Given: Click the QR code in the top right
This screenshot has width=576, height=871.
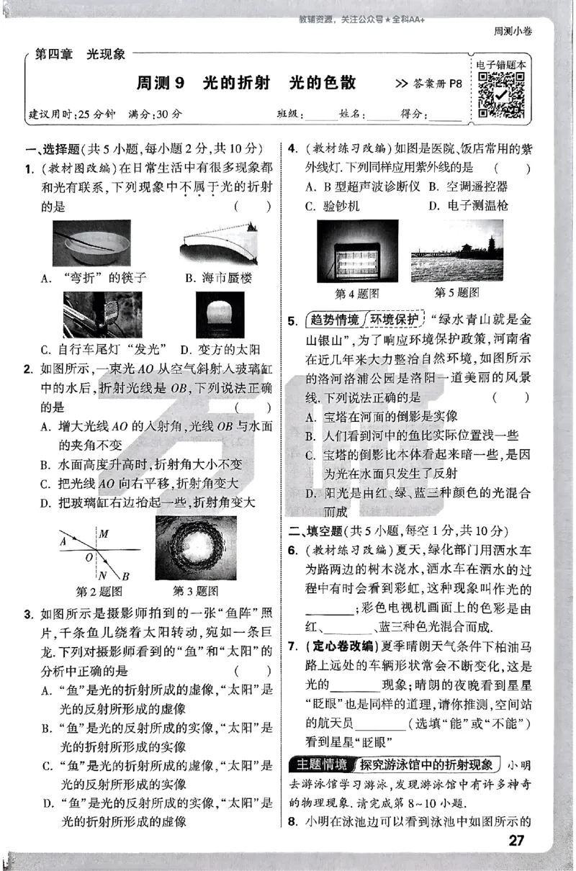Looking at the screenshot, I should click(501, 94).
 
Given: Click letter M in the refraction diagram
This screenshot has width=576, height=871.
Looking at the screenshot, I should click(102, 533).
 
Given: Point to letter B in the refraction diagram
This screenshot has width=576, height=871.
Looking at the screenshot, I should click(125, 576).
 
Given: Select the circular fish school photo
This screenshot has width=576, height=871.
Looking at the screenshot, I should click(195, 547).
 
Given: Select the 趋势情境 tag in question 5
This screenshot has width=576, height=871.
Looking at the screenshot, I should click(334, 320).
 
